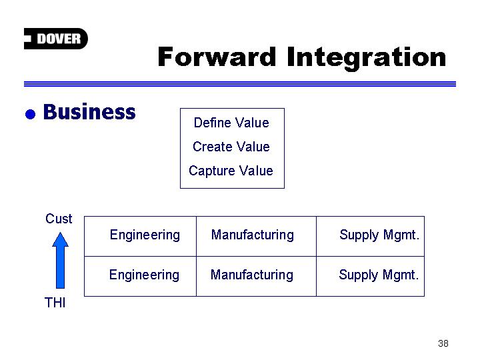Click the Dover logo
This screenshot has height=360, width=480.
click(x=56, y=39)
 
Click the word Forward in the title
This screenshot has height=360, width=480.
click(x=217, y=57)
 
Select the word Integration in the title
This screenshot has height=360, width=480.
click(x=367, y=58)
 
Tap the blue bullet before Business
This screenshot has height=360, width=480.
click(x=30, y=114)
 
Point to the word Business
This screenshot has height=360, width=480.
click(x=89, y=112)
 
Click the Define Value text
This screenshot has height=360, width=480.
click(x=231, y=123)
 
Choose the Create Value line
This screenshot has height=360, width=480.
click(x=231, y=147)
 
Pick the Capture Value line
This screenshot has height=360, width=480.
click(x=231, y=171)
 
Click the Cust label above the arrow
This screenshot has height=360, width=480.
click(x=59, y=219)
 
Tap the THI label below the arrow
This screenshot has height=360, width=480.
click(x=55, y=303)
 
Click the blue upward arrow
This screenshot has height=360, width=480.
click(x=60, y=260)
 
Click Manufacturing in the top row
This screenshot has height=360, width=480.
click(x=253, y=235)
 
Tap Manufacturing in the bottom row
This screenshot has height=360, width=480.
click(x=252, y=275)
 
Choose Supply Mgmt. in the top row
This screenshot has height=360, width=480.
click(x=379, y=235)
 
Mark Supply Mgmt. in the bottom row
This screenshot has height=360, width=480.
click(x=379, y=275)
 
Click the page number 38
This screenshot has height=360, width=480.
click(x=443, y=343)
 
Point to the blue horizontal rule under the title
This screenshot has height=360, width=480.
click(x=240, y=84)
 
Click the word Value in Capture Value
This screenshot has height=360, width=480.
click(x=256, y=171)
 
